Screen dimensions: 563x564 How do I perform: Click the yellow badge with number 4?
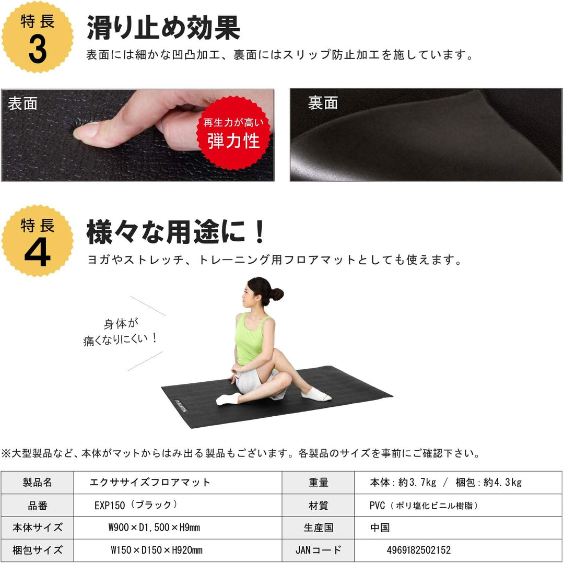(x=38, y=241)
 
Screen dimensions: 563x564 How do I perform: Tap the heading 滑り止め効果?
(x=163, y=28)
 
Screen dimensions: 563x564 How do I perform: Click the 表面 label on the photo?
(x=23, y=103)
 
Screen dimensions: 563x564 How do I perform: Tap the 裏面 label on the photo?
(x=323, y=103)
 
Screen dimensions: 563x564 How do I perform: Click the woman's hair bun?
(x=276, y=294)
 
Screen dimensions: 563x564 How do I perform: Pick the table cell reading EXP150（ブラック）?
(x=136, y=505)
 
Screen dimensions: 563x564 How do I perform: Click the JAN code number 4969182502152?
(x=419, y=550)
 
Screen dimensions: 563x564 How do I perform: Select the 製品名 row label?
(x=38, y=482)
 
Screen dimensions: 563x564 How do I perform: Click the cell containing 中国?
(x=380, y=527)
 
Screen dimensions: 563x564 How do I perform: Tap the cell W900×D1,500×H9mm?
(x=154, y=527)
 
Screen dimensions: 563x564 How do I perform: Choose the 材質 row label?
(x=318, y=505)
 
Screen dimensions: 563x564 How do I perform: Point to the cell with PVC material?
(x=424, y=505)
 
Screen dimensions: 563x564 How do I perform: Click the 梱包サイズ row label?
(x=38, y=550)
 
